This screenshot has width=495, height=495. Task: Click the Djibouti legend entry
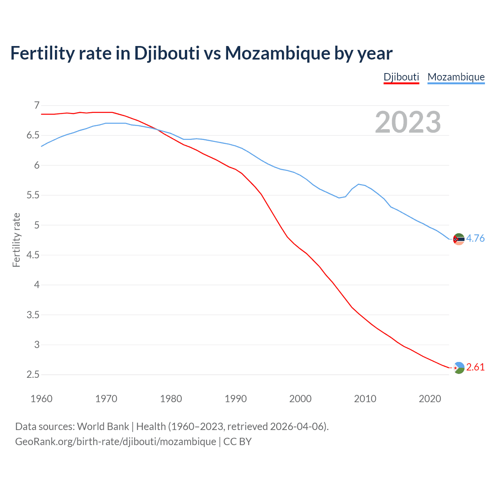(401, 77)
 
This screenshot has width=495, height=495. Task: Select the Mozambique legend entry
(456, 77)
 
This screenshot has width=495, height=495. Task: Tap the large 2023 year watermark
(408, 122)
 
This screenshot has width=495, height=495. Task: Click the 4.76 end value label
(475, 238)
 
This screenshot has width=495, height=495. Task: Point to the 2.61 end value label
(475, 367)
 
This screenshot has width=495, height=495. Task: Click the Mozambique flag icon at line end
(459, 239)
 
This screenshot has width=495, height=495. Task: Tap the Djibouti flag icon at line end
(459, 368)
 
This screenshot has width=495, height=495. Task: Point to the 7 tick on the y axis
(37, 105)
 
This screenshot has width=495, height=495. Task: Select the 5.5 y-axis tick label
(33, 195)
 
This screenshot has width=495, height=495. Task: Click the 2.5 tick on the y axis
(33, 375)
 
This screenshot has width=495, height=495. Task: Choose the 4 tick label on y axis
(37, 285)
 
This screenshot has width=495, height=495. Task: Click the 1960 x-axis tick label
(41, 399)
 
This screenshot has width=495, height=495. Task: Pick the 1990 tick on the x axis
(236, 399)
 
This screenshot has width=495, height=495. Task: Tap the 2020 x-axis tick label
(430, 399)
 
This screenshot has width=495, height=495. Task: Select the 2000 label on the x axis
(300, 399)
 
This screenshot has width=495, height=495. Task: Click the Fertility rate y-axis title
(16, 240)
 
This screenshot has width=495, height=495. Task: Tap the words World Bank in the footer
(103, 427)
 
